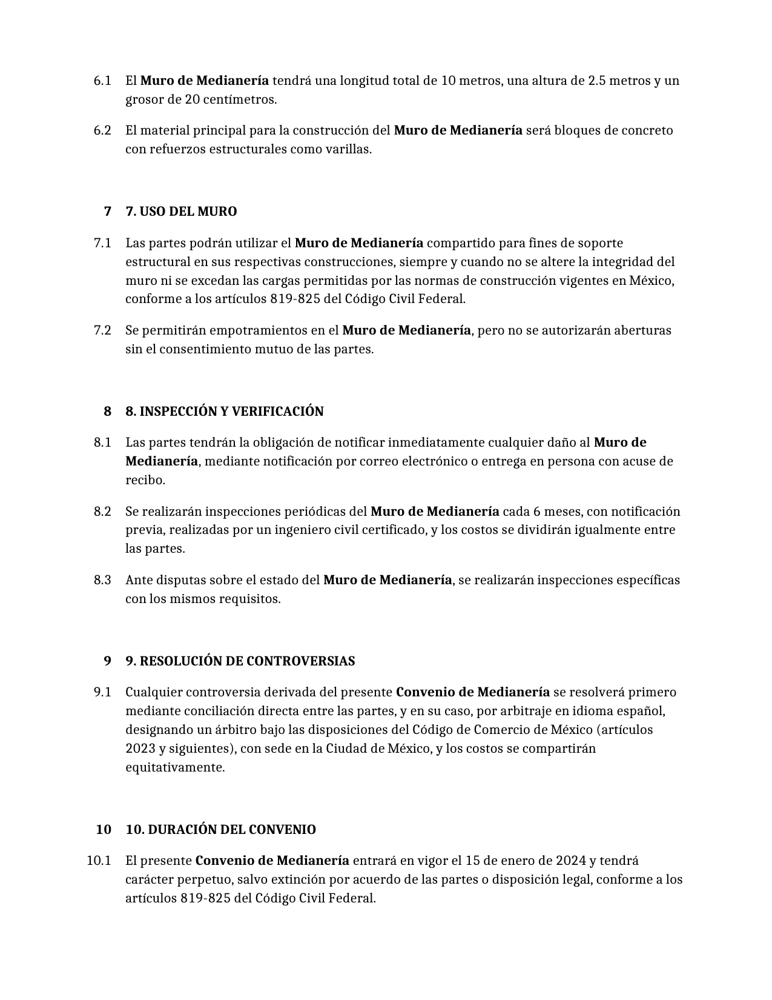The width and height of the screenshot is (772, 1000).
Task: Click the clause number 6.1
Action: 102,81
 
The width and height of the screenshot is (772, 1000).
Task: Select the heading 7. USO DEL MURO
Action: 181,212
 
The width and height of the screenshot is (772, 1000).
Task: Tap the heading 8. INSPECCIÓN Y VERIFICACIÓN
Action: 224,412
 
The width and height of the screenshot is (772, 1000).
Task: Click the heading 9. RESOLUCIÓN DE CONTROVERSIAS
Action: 240,661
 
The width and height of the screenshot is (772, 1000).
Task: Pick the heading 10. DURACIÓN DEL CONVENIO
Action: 220,830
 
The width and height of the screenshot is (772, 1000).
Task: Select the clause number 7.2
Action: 102,330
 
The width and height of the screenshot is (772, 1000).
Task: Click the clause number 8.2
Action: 102,512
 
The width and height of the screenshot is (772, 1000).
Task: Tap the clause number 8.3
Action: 102,580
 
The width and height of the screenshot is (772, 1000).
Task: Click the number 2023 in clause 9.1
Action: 140,748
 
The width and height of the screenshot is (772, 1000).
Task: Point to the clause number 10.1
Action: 99,861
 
